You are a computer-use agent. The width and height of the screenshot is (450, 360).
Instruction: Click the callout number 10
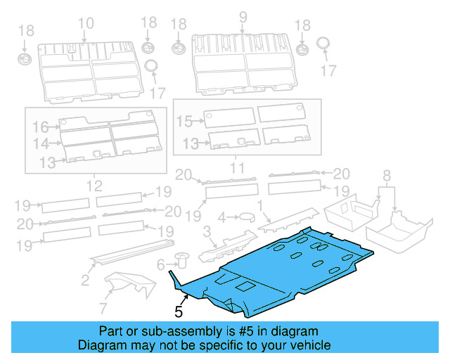(86, 23)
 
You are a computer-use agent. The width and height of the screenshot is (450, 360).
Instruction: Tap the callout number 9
(243, 17)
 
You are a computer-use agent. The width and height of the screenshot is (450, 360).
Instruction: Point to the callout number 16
(40, 127)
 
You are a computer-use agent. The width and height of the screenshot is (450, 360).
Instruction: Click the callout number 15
(184, 122)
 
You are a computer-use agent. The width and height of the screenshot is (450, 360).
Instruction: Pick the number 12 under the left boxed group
(93, 186)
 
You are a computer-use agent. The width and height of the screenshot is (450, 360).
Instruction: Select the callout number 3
(207, 232)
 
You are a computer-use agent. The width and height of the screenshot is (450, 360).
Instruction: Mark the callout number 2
(85, 281)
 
